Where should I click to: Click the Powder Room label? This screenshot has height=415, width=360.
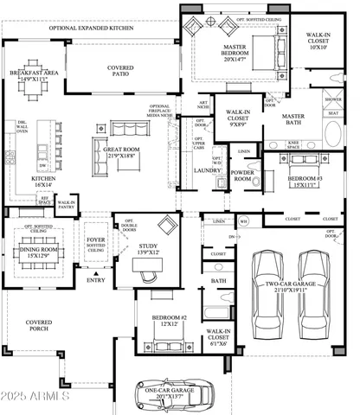243,174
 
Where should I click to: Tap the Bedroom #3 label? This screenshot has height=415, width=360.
307,177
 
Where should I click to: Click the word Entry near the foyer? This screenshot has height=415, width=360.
95,279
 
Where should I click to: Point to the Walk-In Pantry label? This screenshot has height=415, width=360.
67,204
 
